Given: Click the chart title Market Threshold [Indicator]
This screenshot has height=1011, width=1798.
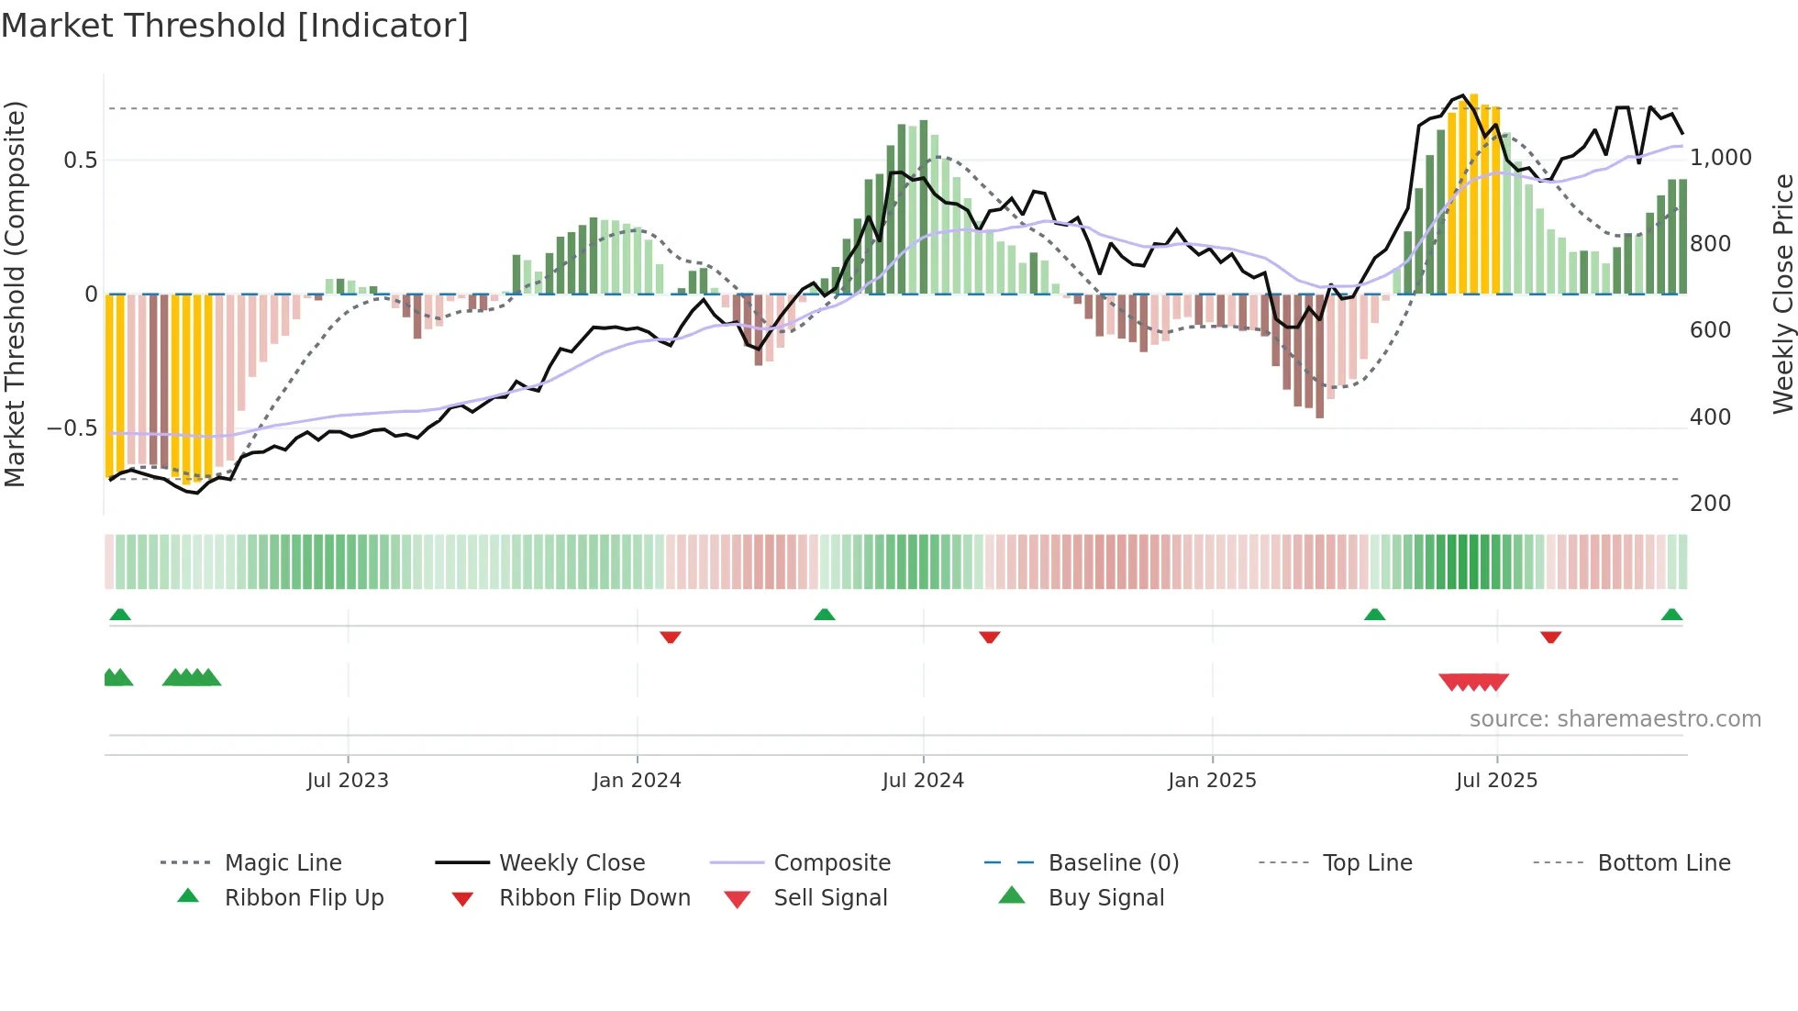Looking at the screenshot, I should coord(235,26).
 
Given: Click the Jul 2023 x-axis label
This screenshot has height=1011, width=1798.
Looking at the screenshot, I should coord(348,781).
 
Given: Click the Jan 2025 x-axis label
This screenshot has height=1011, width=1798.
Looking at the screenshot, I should coord(1212,781).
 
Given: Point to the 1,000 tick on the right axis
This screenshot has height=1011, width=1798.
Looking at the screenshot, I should coord(1720,158).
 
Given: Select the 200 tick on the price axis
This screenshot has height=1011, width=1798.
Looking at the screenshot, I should coord(1710,504).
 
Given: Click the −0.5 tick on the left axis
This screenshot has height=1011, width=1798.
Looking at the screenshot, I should coord(72,428).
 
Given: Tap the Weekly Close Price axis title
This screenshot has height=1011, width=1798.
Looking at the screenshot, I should coord(1782,294).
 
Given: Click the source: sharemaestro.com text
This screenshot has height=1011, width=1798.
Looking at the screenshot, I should coord(1615,719).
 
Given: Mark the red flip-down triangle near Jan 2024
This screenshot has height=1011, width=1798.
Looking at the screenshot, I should coord(671,637).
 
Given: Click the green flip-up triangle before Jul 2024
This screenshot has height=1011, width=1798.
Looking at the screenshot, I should coord(824,615).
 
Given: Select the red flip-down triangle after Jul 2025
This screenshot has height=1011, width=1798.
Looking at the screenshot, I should coord(1550,637).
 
